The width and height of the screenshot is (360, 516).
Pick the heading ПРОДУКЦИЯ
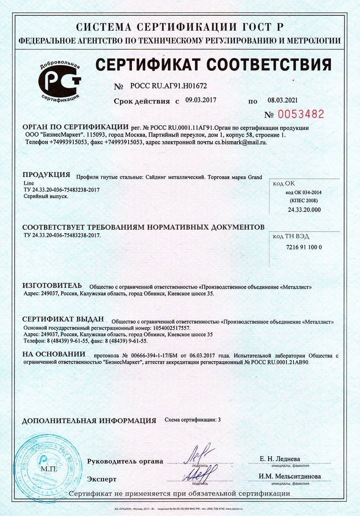click(x=46, y=174)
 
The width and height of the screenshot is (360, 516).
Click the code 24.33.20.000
click(x=305, y=210)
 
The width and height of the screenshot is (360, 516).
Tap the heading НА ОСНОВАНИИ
click(x=54, y=355)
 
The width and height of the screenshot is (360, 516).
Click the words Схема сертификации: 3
click(x=193, y=419)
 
